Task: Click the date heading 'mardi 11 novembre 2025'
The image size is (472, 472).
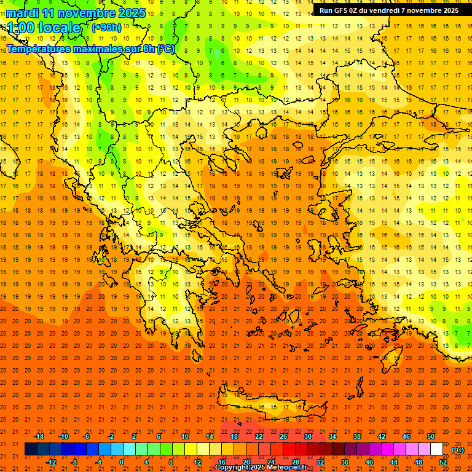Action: [x=77, y=13]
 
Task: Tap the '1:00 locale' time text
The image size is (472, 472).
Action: [x=44, y=28]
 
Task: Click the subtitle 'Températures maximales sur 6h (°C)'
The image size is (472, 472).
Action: [x=90, y=49]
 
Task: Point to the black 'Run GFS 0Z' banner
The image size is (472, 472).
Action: [x=391, y=10]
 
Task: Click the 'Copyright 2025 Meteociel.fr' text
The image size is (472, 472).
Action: [x=261, y=468]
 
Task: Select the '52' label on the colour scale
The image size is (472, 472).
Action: [x=443, y=462]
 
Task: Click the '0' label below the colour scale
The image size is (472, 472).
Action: [x=122, y=462]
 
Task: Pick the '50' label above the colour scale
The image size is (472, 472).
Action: [x=431, y=436]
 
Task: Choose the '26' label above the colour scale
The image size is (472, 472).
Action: [x=283, y=436]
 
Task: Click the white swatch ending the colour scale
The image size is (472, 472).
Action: [x=437, y=449]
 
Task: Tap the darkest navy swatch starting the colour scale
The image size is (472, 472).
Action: [x=31, y=449]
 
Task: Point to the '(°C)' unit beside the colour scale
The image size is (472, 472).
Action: [x=458, y=450]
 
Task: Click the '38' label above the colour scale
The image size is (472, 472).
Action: [x=357, y=436]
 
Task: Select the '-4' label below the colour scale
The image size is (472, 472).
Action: [x=98, y=462]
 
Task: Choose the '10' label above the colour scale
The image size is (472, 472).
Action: [x=185, y=436]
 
